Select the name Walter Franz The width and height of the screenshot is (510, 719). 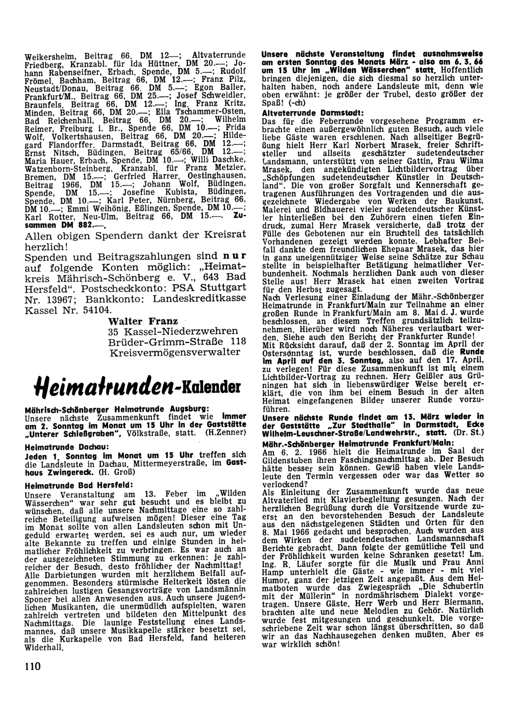[143, 321]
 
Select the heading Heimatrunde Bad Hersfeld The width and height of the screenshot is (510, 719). [72, 485]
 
